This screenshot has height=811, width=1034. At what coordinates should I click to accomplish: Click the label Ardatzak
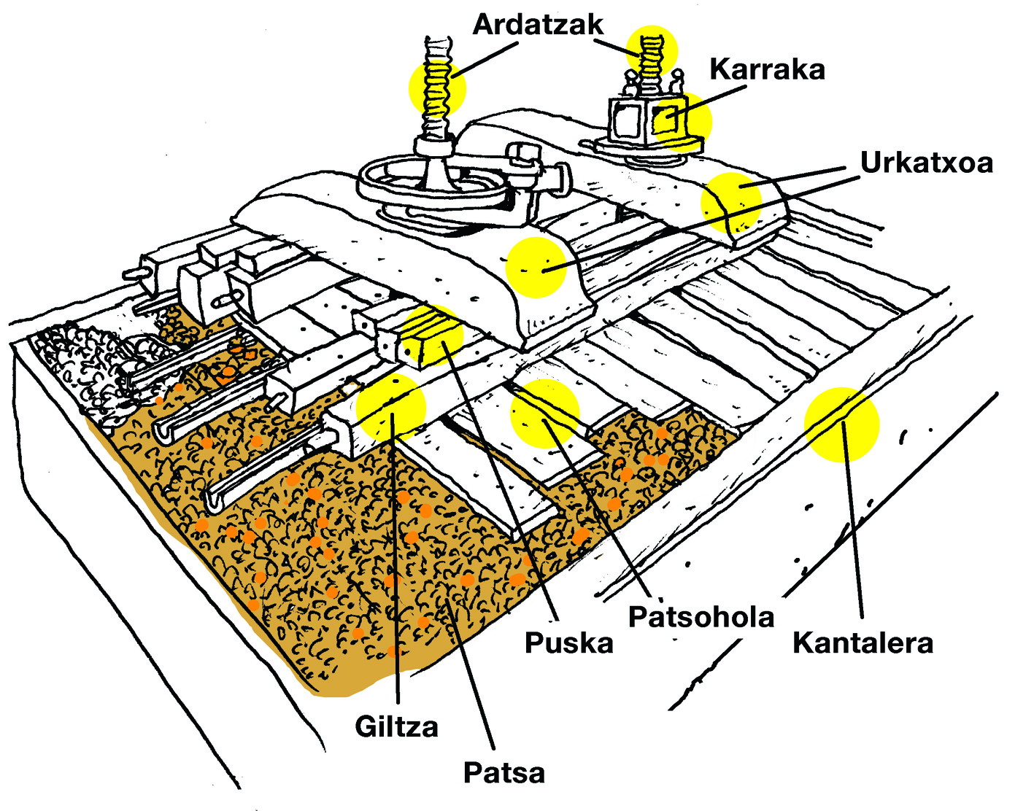(539, 25)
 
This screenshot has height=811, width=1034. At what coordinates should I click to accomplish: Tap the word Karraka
(767, 69)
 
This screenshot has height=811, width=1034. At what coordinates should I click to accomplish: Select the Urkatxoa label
(927, 163)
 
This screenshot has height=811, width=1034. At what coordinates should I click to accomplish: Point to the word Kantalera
(863, 643)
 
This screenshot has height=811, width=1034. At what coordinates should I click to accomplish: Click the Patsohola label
(701, 617)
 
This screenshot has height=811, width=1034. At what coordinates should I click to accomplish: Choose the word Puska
(568, 643)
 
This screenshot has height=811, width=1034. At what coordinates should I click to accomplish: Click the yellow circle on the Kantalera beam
(842, 424)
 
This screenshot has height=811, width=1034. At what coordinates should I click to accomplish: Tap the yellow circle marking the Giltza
(391, 408)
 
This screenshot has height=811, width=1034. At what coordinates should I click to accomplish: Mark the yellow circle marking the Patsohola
(545, 414)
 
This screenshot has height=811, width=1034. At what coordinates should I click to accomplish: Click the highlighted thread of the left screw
(437, 88)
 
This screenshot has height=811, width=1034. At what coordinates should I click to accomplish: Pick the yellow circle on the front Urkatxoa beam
(536, 268)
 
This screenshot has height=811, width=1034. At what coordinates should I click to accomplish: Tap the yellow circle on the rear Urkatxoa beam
(731, 203)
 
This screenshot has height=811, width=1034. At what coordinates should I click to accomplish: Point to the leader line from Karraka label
(708, 101)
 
